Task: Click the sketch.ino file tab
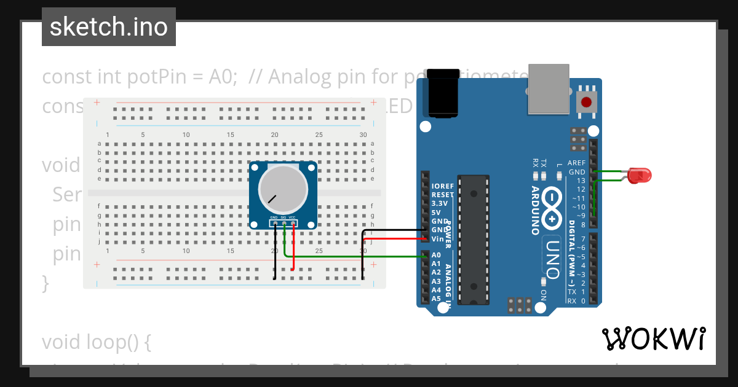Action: [x=109, y=27]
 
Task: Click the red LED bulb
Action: [x=640, y=176]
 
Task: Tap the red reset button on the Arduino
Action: [x=586, y=102]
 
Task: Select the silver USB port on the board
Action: [x=548, y=90]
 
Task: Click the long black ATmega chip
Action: [x=474, y=240]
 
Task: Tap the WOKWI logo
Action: [x=653, y=338]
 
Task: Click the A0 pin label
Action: [x=436, y=255]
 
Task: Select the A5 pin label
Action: [x=436, y=299]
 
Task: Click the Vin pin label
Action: [x=437, y=238]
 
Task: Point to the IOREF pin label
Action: [x=443, y=186]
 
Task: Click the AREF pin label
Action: [x=576, y=163]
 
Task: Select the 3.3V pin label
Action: [x=439, y=203]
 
